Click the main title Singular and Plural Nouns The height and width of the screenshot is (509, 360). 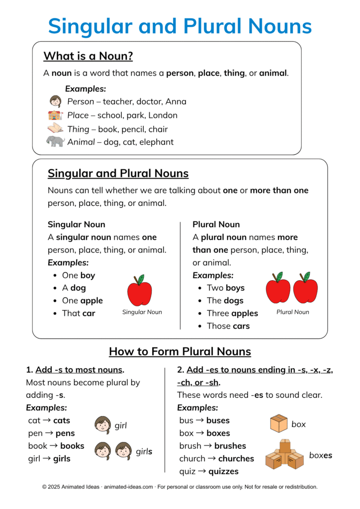pos(180,26)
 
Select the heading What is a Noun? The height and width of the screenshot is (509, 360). pos(88,56)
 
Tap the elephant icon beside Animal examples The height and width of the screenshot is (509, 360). pos(55,142)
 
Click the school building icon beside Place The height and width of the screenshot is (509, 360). pos(55,115)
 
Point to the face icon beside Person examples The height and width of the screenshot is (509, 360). pos(55,101)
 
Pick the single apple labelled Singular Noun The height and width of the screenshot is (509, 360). pos(139,291)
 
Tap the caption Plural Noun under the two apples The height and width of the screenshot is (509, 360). pos(292,312)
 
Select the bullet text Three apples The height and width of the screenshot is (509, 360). pos(232,314)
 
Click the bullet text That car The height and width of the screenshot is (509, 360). pos(78,313)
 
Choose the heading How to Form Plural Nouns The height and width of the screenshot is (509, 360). pos(180,352)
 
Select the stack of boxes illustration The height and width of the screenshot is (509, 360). pos(284,454)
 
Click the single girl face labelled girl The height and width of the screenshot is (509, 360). pos(102,425)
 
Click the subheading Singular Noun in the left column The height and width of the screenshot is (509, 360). pos(76,224)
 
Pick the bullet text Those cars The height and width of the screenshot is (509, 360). pos(228,326)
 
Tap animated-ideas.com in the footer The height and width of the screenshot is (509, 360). pos(127,487)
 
